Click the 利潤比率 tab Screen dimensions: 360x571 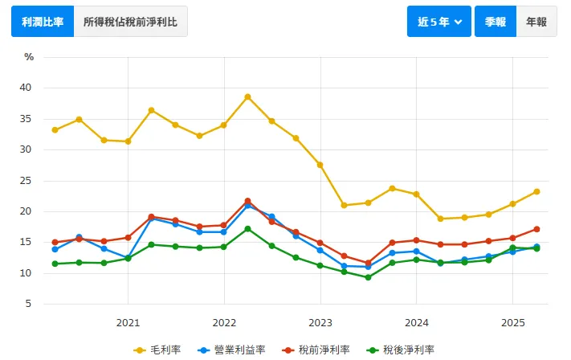42,22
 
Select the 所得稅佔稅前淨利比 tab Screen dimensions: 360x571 130,22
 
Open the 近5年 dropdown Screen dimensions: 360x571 439,22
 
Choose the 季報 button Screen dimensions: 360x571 495,22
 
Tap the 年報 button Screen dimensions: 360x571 536,22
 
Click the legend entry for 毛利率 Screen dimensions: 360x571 158,350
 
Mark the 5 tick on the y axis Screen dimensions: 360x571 28,305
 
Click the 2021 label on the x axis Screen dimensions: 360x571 128,323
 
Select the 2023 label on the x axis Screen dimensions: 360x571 320,323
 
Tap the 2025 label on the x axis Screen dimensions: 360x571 512,323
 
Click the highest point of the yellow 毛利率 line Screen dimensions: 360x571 247,97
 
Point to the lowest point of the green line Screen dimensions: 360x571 368,277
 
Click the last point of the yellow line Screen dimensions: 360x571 536,191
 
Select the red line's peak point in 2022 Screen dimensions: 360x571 247,201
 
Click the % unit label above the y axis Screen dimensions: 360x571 29,57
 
